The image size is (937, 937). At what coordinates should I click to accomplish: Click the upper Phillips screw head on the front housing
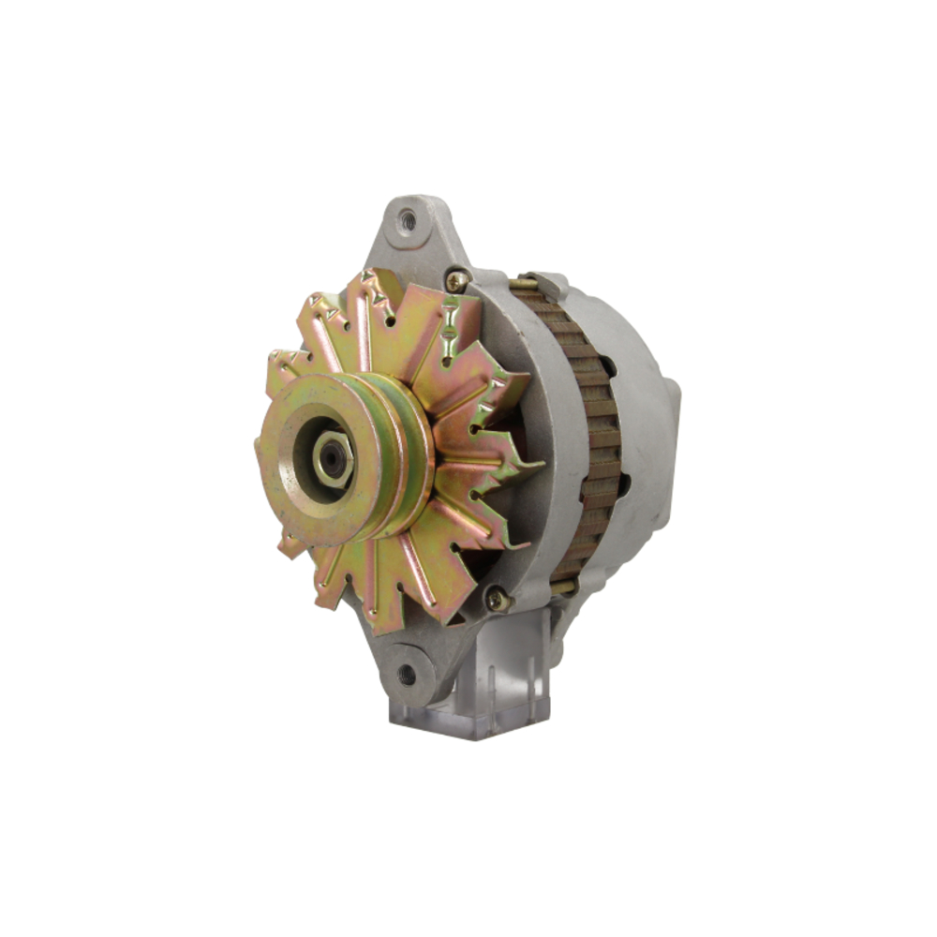[456, 279]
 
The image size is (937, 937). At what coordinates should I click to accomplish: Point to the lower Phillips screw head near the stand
[496, 598]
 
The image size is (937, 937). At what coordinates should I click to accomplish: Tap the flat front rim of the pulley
[281, 487]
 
